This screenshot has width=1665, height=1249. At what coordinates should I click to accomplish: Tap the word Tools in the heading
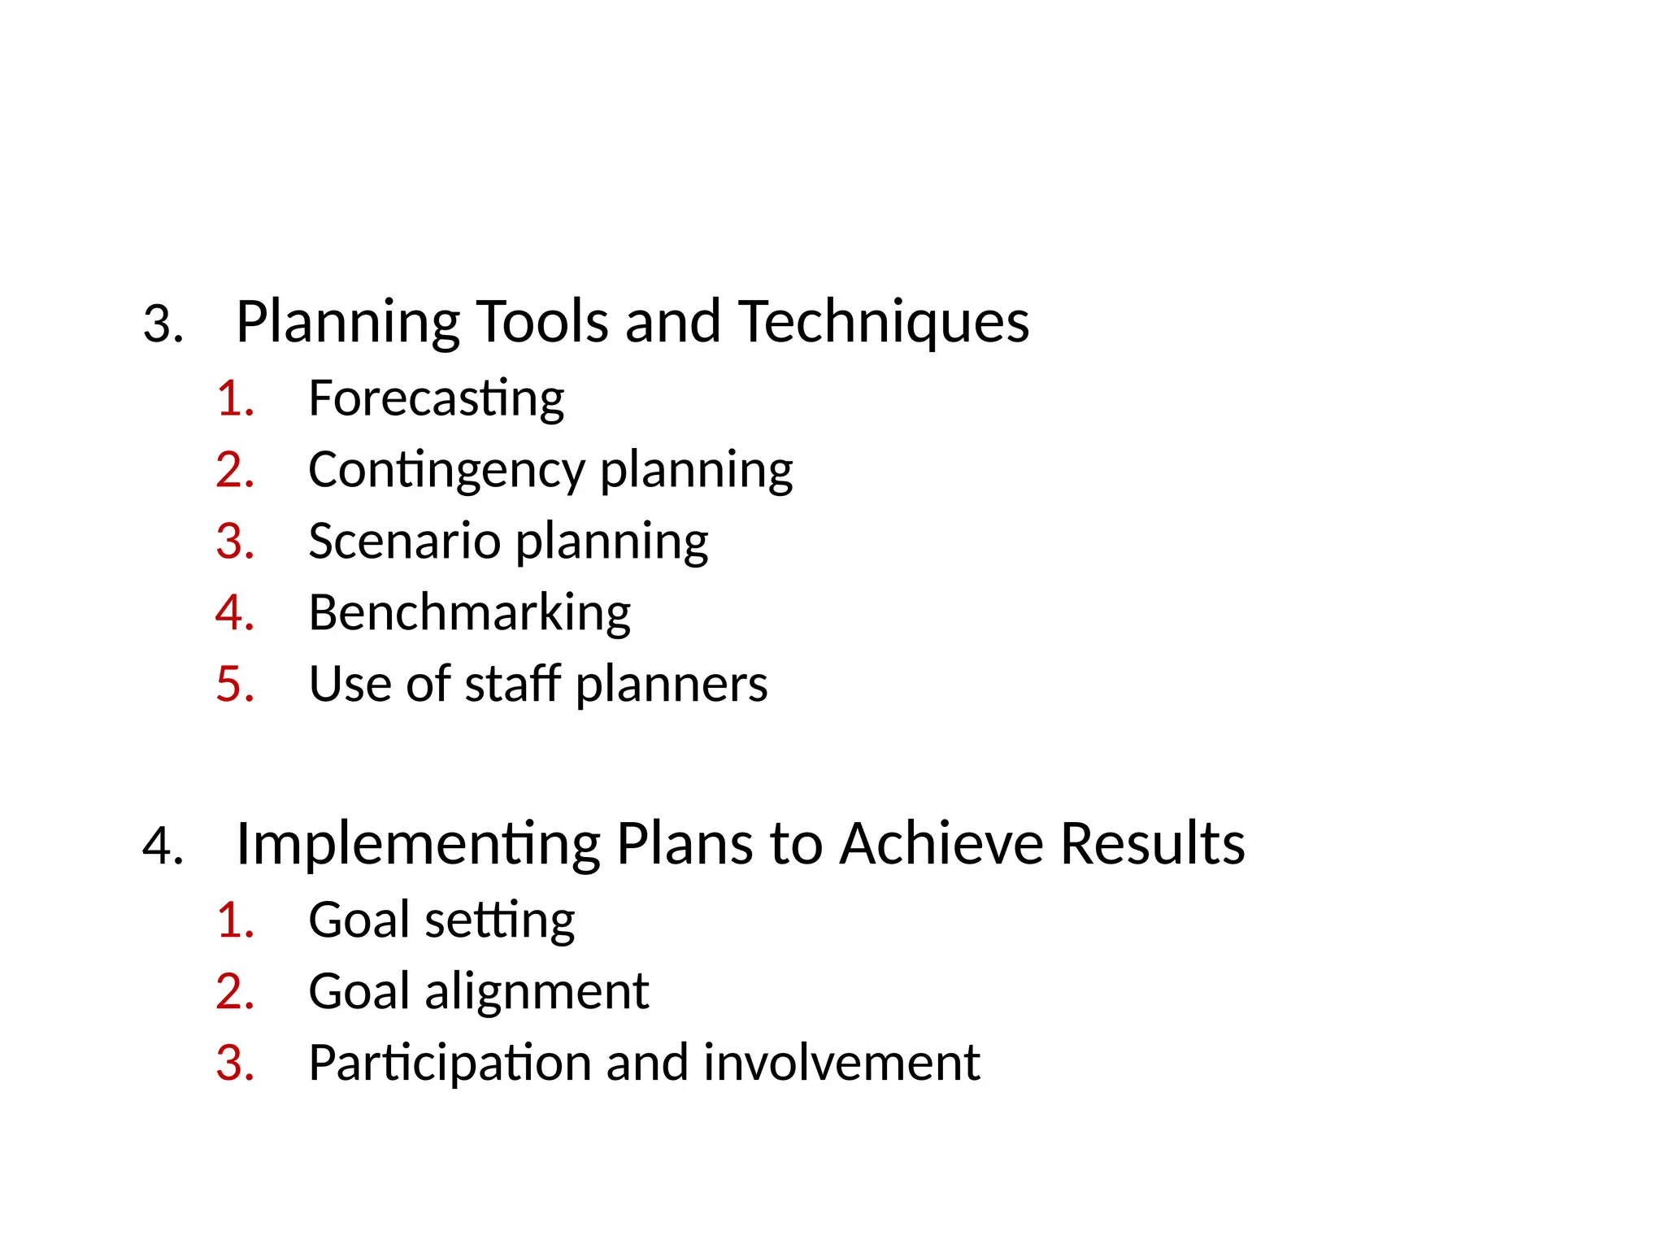point(541,322)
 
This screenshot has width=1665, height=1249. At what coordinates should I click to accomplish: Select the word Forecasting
point(436,398)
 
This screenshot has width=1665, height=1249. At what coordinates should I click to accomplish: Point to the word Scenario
point(404,542)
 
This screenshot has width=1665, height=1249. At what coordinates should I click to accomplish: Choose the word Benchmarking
point(469,612)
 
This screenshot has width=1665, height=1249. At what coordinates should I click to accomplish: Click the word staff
point(512,684)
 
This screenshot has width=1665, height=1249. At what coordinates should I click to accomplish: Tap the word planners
point(672,685)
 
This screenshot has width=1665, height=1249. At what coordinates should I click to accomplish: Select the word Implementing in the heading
point(418,844)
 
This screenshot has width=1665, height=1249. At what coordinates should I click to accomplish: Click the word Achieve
point(941,844)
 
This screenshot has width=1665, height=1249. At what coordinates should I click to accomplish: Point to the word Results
point(1152,844)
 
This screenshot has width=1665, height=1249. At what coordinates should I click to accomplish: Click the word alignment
point(537,992)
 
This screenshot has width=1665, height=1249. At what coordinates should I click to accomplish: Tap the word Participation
point(450,1064)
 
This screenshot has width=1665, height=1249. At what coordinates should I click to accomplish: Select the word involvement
point(841,1063)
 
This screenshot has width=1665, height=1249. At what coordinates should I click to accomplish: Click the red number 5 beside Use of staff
point(230,685)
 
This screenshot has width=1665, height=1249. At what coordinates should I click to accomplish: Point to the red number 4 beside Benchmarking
point(230,613)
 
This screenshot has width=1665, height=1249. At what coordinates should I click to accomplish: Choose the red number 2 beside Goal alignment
point(230,992)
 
